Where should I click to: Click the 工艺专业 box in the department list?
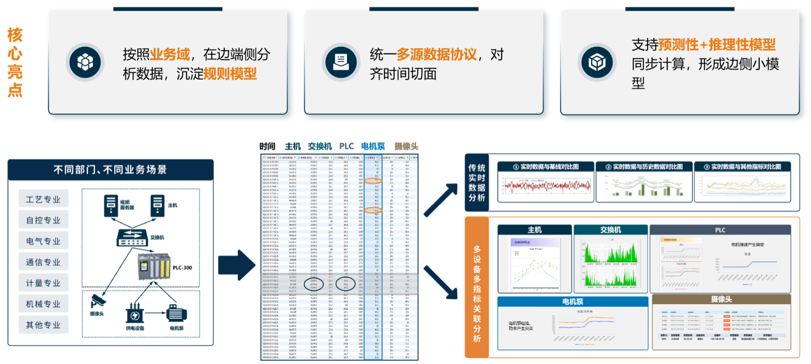pos(43,199)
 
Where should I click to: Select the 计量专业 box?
pos(43,283)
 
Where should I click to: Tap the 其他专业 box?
pos(43,325)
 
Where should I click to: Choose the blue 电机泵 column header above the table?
pos(373,147)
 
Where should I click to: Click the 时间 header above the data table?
pos(267,147)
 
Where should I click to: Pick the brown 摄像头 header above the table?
pos(406,147)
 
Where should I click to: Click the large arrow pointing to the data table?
pos(237,265)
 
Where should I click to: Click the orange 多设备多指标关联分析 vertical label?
pos(477,287)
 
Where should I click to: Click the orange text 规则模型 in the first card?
pos(230,74)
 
